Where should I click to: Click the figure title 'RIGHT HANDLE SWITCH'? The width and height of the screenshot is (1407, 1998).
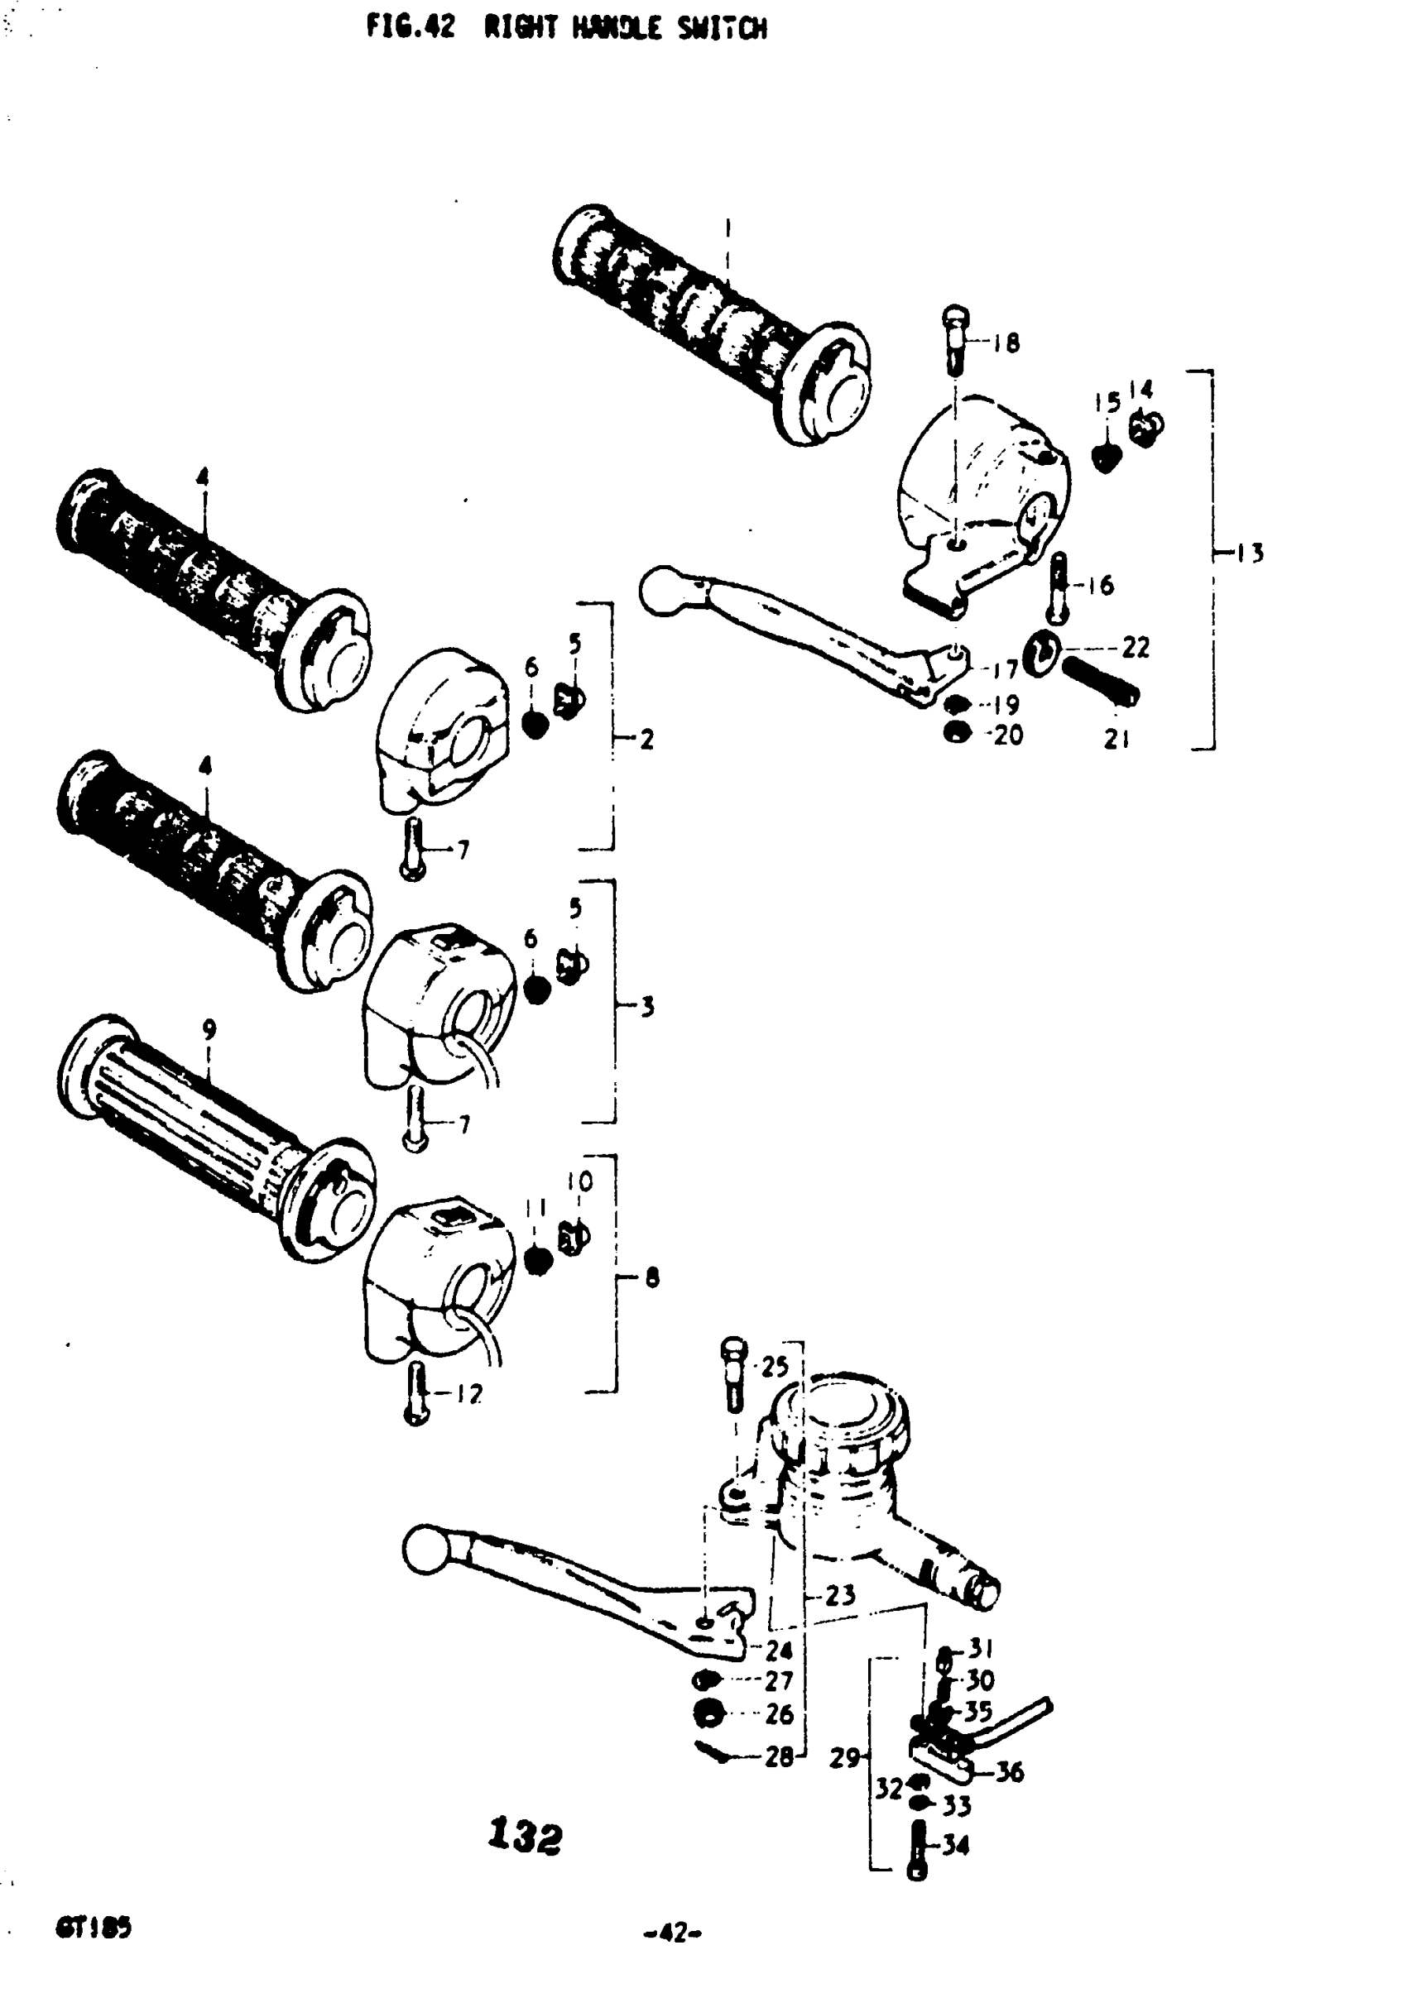click(625, 29)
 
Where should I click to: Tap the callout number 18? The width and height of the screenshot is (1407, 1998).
click(1006, 343)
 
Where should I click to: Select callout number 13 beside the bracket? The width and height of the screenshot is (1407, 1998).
click(1251, 553)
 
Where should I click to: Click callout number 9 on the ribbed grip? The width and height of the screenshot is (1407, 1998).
click(209, 1029)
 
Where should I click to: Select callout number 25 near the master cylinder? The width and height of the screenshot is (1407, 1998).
click(774, 1367)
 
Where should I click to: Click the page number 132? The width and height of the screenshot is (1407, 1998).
click(525, 1837)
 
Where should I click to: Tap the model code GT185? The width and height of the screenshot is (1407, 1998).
click(94, 1928)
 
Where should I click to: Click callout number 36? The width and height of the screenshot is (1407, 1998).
click(1008, 1772)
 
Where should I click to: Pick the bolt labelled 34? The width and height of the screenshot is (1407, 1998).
click(918, 1851)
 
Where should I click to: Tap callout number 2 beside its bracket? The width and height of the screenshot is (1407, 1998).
click(646, 740)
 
